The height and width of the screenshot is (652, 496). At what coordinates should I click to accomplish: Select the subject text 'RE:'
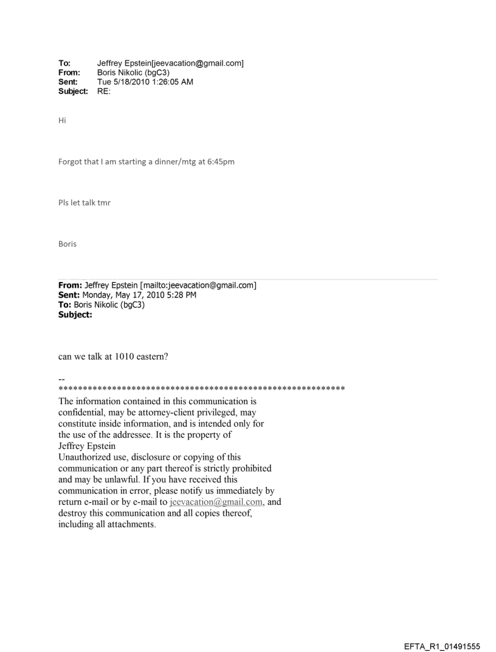tap(103, 91)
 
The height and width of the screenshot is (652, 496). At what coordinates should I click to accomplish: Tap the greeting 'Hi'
tap(62, 120)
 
